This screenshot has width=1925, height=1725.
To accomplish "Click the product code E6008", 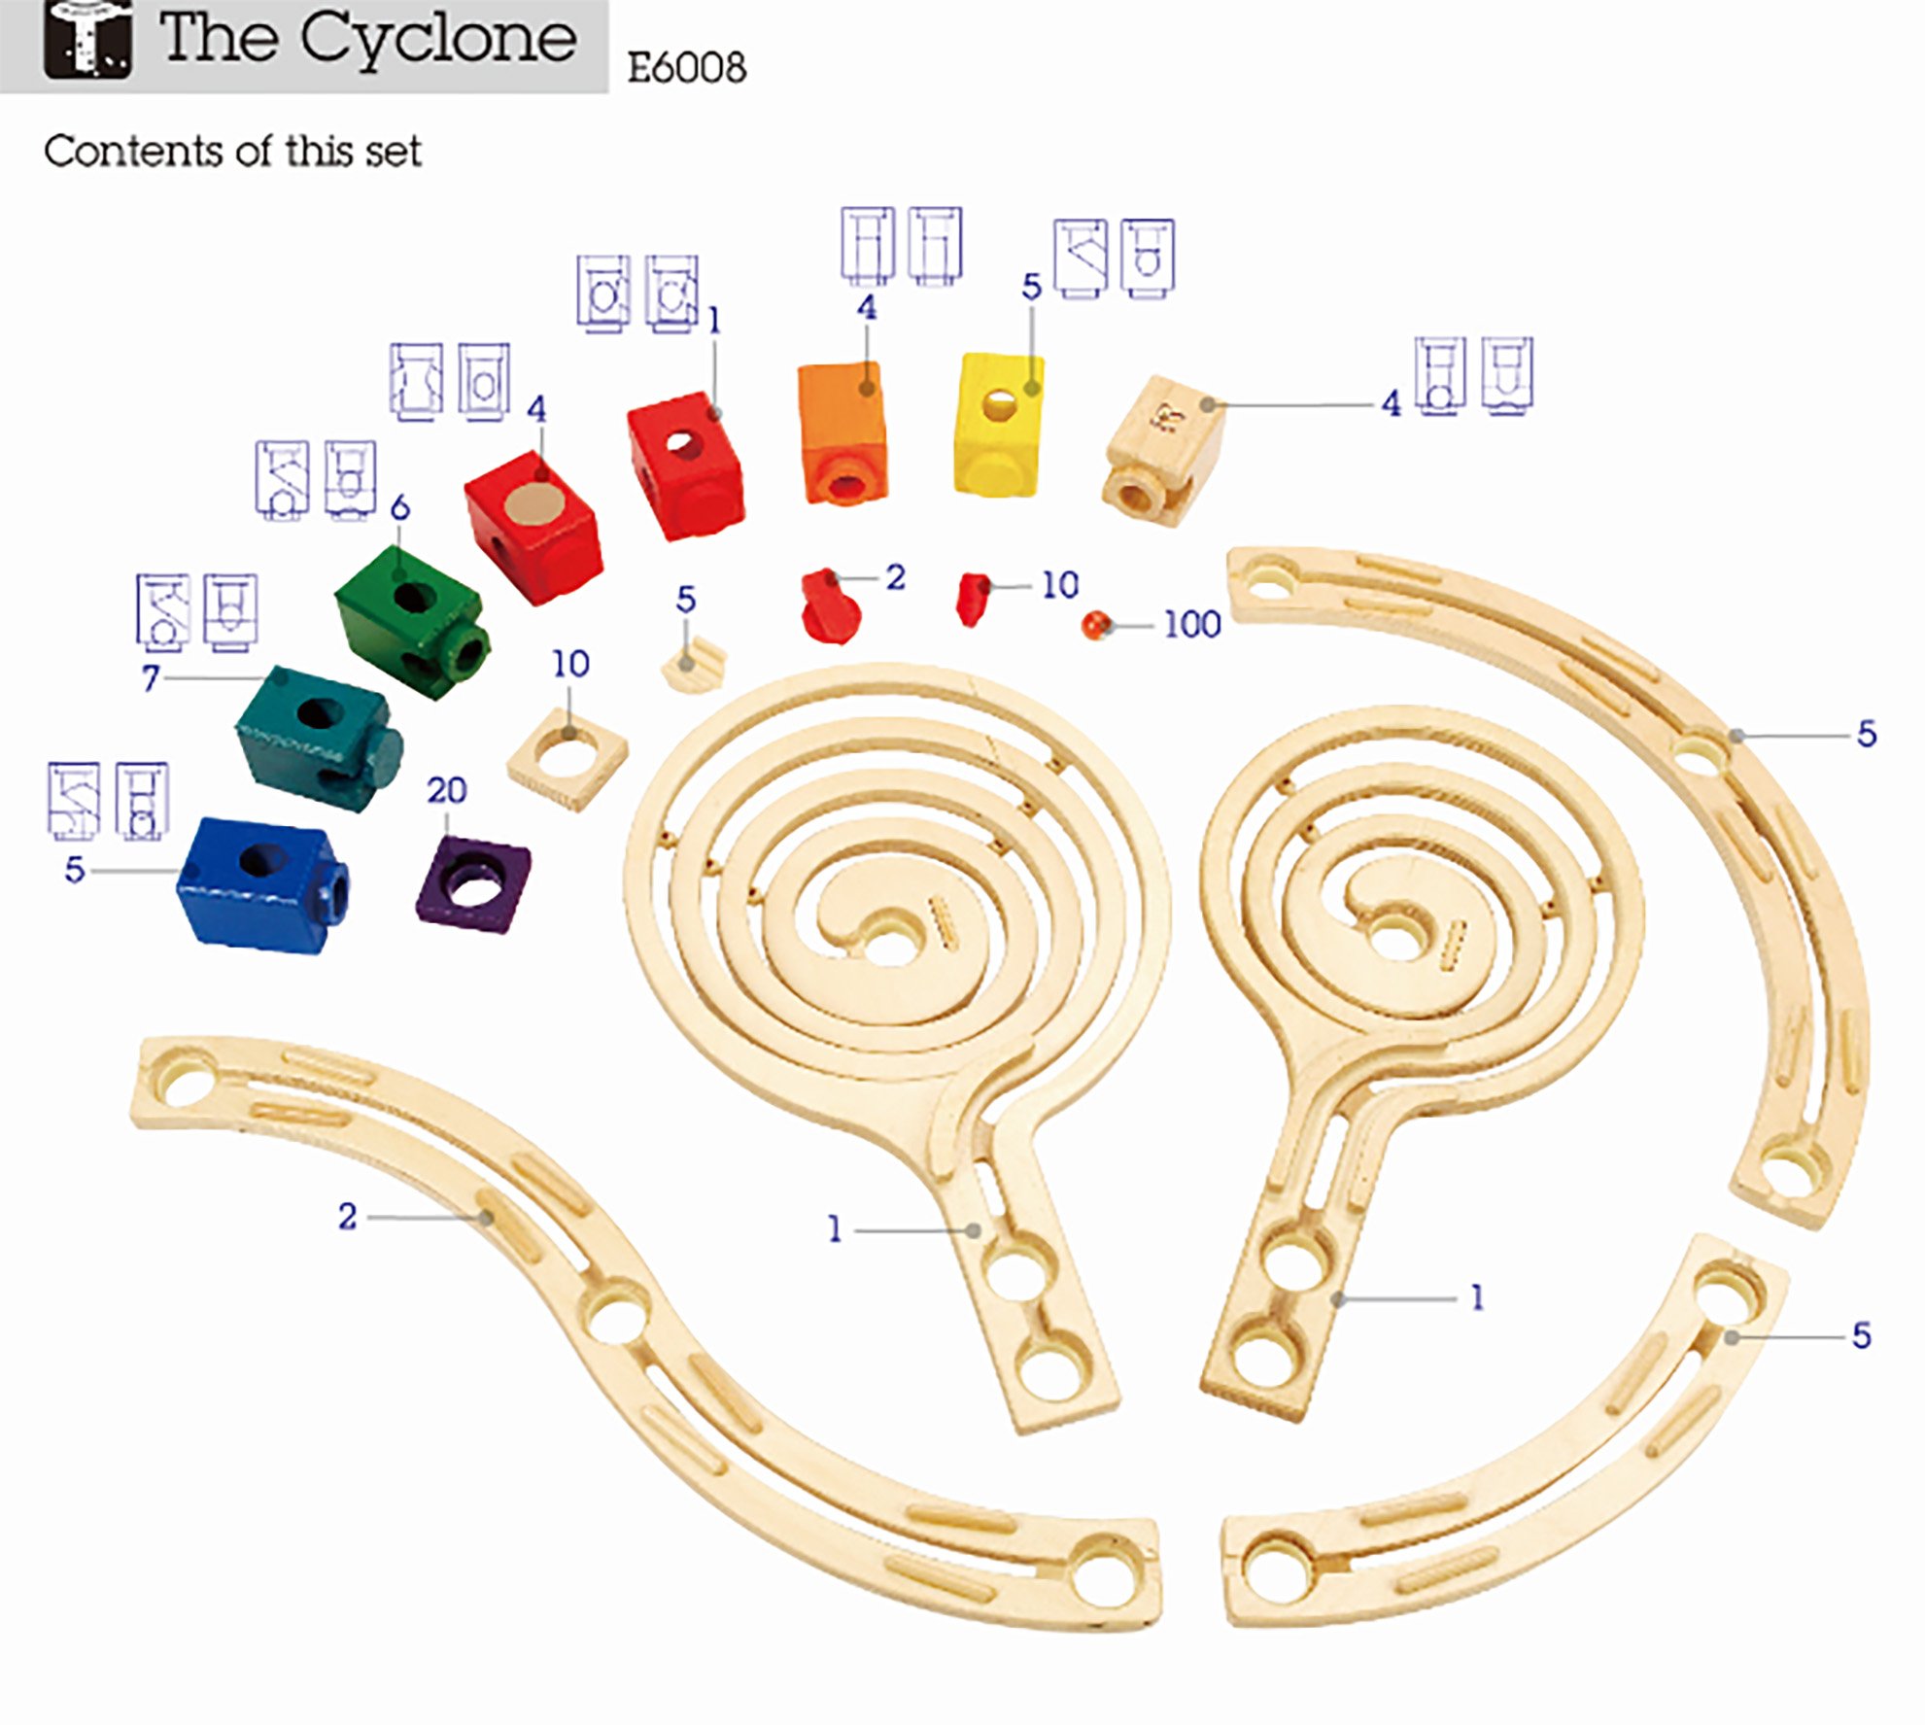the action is point(687,68).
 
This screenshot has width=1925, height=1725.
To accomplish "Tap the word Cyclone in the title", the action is point(438,40).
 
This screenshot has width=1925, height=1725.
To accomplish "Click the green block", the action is point(411,621).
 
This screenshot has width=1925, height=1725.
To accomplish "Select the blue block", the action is point(263,884).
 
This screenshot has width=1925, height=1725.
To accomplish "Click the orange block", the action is point(842,432).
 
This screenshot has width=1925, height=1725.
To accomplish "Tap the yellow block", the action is point(999,425).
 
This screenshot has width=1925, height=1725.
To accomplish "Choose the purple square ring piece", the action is point(473,883).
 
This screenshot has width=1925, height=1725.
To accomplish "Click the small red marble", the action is point(1096,624).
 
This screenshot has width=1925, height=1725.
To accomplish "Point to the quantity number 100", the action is point(1192,624).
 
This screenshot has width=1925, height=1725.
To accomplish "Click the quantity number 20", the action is point(447,790).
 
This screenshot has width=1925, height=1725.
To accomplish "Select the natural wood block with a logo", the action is point(1164,450).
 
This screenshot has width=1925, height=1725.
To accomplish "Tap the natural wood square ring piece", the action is point(567,757).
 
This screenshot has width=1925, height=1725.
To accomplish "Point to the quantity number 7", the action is point(151,677).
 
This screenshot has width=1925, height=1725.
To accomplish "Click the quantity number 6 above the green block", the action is point(399,507).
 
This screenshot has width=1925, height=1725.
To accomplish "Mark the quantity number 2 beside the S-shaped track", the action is point(347,1216).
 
